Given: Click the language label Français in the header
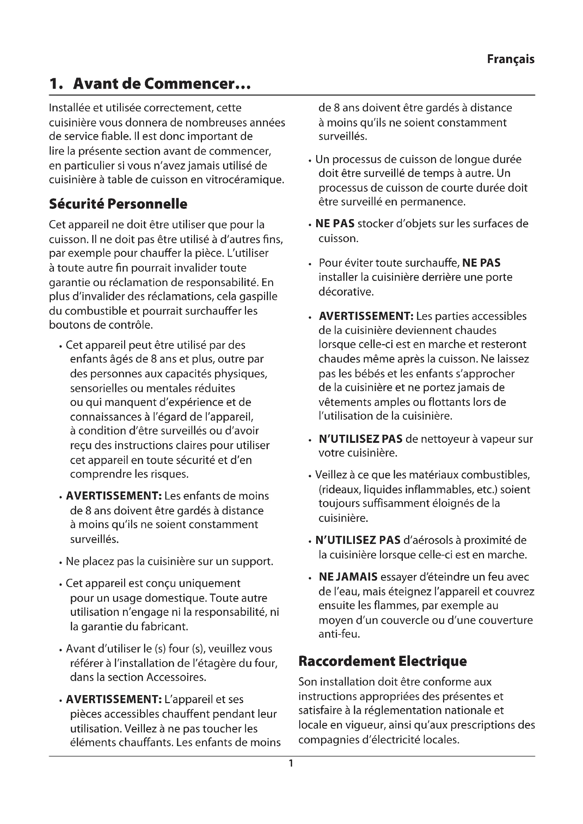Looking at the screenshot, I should click(510, 59).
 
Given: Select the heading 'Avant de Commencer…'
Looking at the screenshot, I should click(161, 84).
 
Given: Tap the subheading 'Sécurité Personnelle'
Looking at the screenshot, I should click(118, 204).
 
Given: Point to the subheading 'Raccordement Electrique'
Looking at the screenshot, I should click(382, 661).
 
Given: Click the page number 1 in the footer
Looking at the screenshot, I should click(291, 763).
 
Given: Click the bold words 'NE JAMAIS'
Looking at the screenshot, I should click(348, 577).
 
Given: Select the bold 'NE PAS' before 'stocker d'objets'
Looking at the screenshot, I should click(335, 224).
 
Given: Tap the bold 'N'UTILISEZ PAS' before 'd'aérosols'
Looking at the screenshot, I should click(357, 540).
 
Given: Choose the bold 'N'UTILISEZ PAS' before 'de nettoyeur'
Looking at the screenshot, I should click(361, 439).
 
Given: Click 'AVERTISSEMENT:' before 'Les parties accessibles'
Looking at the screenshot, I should click(366, 316).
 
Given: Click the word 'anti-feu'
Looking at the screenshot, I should click(338, 634).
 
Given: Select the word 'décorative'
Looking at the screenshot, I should click(345, 292).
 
